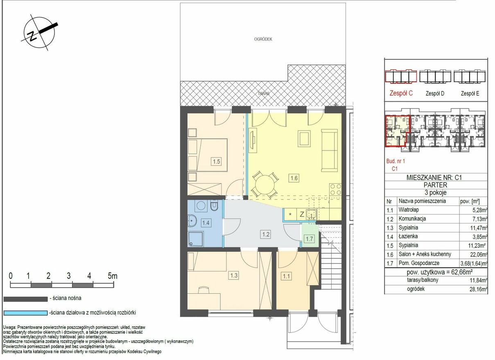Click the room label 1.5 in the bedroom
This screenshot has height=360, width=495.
(x=216, y=162)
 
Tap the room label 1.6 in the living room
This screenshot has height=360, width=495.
(x=294, y=178)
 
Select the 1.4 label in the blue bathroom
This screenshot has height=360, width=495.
(x=206, y=223)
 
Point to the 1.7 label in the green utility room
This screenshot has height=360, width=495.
(x=310, y=239)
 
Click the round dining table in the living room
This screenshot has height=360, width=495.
(x=265, y=184)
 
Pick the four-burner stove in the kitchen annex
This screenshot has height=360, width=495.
(x=335, y=189)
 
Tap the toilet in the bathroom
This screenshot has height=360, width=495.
(x=214, y=205)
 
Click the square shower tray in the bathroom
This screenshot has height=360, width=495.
(x=195, y=239)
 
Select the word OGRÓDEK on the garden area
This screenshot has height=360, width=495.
(x=263, y=39)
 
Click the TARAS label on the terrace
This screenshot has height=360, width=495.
(x=263, y=93)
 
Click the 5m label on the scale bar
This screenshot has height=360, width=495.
(x=113, y=276)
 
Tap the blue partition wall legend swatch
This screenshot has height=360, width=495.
(x=26, y=313)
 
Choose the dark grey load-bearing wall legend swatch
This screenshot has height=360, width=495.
(x=26, y=299)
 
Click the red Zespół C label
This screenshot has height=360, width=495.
(x=401, y=93)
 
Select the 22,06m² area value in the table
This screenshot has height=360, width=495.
(x=479, y=254)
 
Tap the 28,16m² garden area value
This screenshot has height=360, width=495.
(x=479, y=289)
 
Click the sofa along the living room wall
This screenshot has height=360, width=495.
(x=329, y=151)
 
